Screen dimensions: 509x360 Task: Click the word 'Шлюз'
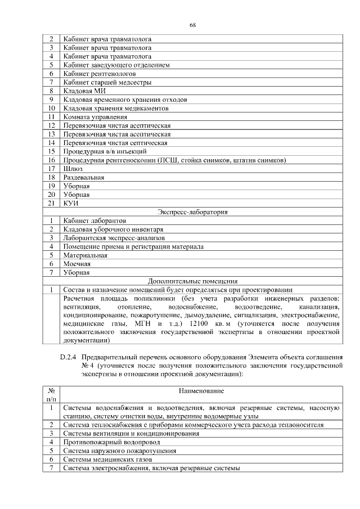click(x=73, y=168)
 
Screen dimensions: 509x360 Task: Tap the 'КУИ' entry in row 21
click(x=71, y=203)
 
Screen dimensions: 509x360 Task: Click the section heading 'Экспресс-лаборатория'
click(x=192, y=212)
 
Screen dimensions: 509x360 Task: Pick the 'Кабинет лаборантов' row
click(x=94, y=220)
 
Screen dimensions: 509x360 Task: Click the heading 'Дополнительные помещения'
click(x=192, y=281)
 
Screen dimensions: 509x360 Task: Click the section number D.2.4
click(x=68, y=357)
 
